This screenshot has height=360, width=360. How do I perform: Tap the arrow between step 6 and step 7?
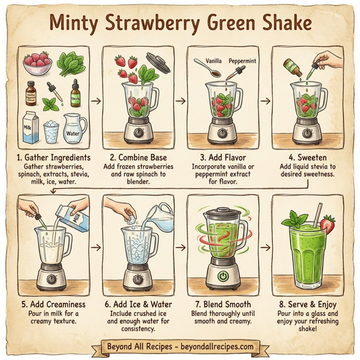click(181, 246)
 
